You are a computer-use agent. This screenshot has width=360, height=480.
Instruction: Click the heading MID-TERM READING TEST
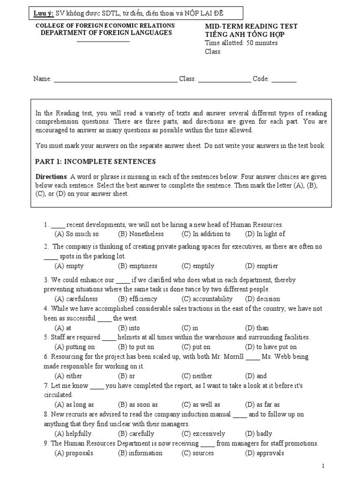click(x=251, y=27)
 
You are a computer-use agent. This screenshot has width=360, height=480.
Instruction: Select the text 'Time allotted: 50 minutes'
click(x=241, y=43)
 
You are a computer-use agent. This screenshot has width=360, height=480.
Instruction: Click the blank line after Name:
click(x=115, y=79)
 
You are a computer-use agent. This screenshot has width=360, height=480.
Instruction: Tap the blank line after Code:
click(x=284, y=79)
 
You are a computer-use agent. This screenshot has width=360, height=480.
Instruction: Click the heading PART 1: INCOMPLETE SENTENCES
click(x=96, y=161)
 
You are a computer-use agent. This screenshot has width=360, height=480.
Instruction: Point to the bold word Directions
click(x=52, y=177)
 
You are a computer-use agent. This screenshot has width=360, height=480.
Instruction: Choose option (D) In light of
click(x=265, y=234)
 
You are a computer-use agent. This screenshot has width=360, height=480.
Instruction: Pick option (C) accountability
click(x=207, y=299)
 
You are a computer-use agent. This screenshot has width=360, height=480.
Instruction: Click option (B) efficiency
click(x=138, y=299)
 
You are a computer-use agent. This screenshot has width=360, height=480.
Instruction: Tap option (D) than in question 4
click(x=257, y=328)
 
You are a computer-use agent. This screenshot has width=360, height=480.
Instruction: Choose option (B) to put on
click(x=136, y=347)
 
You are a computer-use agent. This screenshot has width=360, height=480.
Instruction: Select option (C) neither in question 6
click(x=197, y=376)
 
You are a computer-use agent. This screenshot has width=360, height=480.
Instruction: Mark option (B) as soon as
click(x=138, y=405)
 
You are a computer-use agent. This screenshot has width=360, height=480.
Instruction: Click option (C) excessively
click(x=203, y=434)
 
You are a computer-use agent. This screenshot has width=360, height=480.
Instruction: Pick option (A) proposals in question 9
click(x=75, y=453)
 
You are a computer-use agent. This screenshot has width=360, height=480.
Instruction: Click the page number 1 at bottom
click(x=323, y=466)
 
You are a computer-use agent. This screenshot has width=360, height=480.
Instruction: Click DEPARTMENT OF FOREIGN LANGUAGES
click(x=106, y=32)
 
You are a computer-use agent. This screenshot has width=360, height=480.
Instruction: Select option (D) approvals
click(x=264, y=453)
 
